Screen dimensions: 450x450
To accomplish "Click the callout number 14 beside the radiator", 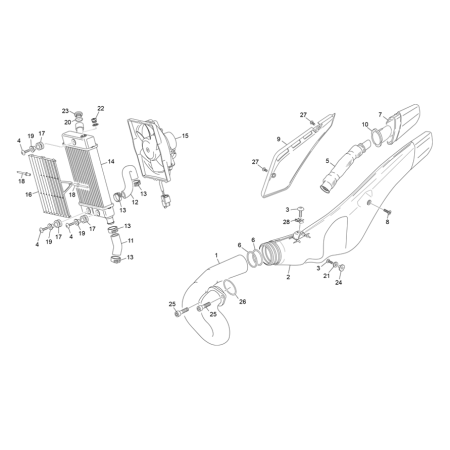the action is [x=111, y=161].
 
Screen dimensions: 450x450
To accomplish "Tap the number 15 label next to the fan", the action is [x=185, y=136].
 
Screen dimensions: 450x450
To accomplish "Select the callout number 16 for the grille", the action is [x=29, y=194].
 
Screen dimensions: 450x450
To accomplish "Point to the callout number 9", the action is [x=278, y=139].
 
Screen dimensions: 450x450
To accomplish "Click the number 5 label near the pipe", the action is [x=327, y=162].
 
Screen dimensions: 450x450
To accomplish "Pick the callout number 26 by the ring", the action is [x=242, y=302].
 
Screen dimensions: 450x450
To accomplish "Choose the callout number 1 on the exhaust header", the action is [x=216, y=256].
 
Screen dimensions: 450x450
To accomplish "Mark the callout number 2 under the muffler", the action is [x=288, y=277].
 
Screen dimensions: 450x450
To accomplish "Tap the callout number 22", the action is [x=101, y=108].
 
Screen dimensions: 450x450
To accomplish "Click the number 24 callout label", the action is [x=339, y=282].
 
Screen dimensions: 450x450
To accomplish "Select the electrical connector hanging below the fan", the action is [x=166, y=199].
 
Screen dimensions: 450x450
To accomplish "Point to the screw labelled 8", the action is [x=386, y=212].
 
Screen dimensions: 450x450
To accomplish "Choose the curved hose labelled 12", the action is [x=129, y=183].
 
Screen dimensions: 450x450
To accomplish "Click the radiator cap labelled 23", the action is [x=78, y=114].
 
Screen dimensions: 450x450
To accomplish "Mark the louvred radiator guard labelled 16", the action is [x=50, y=186].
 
